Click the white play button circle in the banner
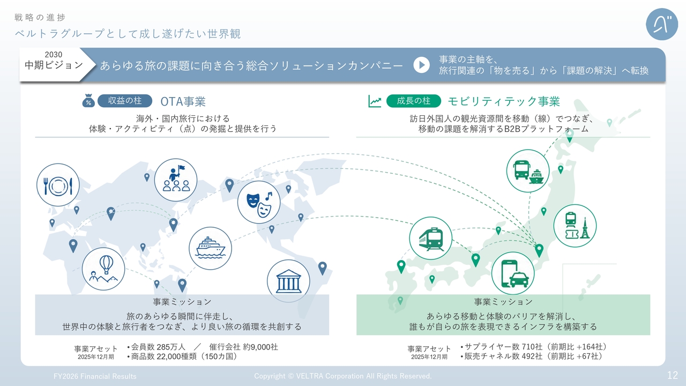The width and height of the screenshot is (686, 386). pos(421,65)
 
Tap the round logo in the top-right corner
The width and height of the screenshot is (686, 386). pos(661,24)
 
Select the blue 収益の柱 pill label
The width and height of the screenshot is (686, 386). pos(125,101)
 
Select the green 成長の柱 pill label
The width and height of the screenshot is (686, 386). pos(413,101)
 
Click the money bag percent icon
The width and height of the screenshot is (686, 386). pos(88,100)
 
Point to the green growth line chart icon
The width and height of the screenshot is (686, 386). pos(375,101)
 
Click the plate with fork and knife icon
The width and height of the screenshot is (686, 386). pos(58,185)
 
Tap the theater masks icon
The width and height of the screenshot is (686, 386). pos(259,202)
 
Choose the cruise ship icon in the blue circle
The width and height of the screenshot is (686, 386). pos(210,248)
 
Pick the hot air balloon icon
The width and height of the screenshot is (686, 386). pos(103,269)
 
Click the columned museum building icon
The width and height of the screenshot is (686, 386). pos(288,281)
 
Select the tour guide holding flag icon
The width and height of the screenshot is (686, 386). pos(175,180)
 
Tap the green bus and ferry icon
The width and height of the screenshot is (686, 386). pos(528,171)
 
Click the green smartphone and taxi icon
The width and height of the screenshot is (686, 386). pos(513,273)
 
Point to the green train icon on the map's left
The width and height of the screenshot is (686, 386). pos(430,239)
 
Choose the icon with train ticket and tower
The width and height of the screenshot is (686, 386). pos(575,226)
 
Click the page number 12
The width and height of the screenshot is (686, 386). pos(673,375)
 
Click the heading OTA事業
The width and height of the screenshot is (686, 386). pos(183,101)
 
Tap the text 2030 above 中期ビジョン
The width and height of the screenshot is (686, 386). pos(54,55)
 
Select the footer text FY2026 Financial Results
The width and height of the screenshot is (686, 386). pos(95,376)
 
